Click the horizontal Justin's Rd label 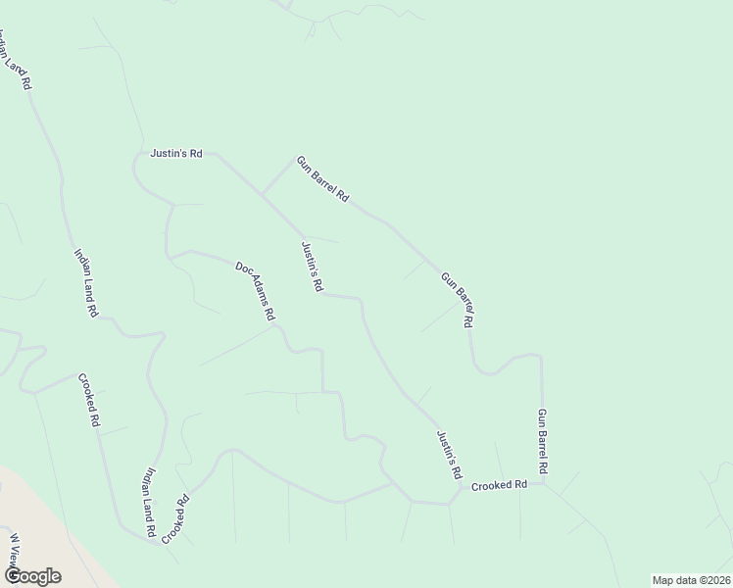coord(176,154)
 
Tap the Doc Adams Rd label coord(255,291)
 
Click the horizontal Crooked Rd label coord(499,485)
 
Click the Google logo coord(31,576)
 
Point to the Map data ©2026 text coord(691,579)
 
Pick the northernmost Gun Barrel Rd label coord(322,178)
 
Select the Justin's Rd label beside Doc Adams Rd coord(312,267)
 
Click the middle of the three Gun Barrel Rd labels coord(459,299)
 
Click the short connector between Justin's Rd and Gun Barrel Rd coord(276,177)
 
